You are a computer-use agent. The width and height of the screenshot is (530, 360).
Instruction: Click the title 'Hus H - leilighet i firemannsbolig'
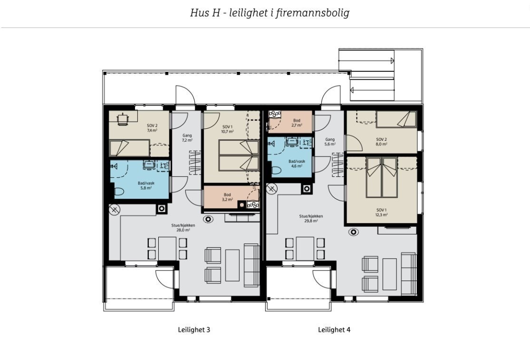point(270,13)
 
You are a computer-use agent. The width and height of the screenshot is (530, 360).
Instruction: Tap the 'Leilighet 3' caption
point(194,329)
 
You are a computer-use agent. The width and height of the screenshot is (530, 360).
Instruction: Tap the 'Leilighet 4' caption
point(334,329)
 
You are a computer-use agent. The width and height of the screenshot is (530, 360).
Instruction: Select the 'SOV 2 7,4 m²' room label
point(152,127)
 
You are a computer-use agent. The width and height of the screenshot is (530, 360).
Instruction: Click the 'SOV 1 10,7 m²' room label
point(228,129)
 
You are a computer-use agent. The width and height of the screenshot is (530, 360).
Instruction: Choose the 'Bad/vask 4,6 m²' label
point(297,164)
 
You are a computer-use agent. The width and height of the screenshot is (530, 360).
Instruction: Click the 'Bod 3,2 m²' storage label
point(228,197)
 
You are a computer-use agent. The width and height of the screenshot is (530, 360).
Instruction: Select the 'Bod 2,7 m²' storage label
point(297,123)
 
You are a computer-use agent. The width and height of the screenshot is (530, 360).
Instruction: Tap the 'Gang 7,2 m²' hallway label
point(187,137)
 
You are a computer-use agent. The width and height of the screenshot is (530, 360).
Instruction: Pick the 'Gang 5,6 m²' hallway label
point(330,141)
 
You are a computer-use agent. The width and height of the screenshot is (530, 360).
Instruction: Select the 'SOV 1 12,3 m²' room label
point(382,212)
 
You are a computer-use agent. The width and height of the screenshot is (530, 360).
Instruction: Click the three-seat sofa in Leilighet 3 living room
point(251,265)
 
